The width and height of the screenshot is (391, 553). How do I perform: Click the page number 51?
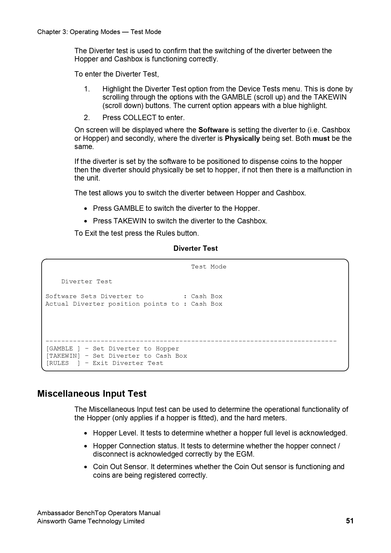click(x=350, y=521)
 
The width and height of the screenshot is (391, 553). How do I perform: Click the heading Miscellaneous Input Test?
click(x=92, y=394)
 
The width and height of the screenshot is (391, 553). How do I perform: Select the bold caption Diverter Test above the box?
click(x=195, y=248)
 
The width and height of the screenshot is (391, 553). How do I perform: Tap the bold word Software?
click(x=213, y=130)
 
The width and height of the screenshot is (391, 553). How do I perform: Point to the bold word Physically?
click(x=242, y=138)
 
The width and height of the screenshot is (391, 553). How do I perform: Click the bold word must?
click(x=321, y=138)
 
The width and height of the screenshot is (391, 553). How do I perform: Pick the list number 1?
click(x=87, y=89)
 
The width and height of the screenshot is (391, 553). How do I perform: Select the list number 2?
click(x=87, y=118)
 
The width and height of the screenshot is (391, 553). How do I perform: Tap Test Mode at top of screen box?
click(x=208, y=267)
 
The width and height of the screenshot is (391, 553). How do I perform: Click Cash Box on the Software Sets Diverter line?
click(x=207, y=296)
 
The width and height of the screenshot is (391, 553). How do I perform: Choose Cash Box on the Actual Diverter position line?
click(x=207, y=304)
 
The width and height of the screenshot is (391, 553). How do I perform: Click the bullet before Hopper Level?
click(x=86, y=434)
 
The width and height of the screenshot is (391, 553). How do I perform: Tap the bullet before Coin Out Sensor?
click(x=86, y=467)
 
